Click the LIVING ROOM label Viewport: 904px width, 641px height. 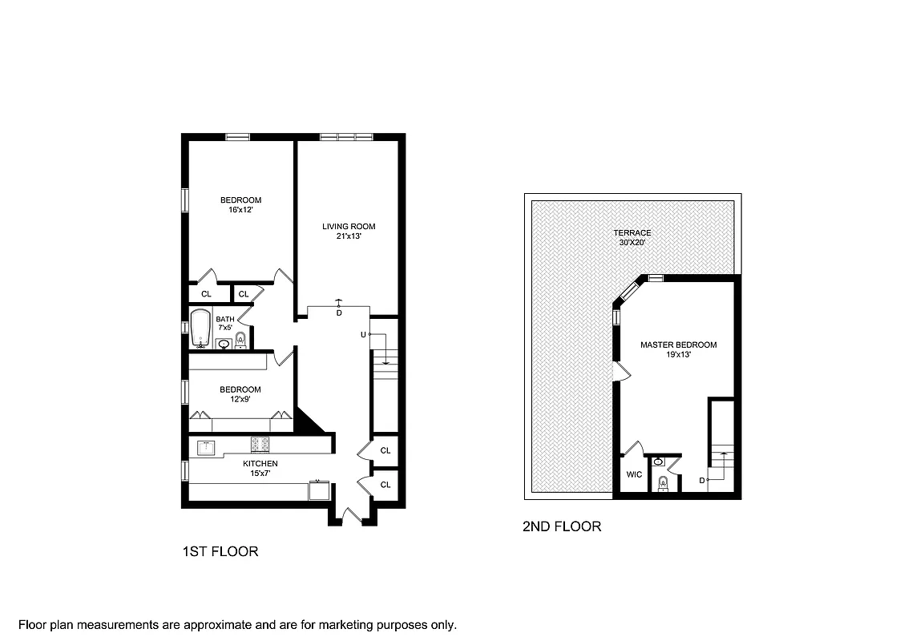pos(349,227)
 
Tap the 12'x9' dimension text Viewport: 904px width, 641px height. pos(240,400)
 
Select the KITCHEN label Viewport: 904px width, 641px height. pos(260,464)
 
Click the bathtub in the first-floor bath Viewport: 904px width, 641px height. pos(200,329)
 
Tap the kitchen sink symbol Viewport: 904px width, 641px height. pos(207,445)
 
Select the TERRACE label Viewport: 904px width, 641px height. pos(633,233)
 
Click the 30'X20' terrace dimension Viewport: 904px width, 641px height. pos(633,243)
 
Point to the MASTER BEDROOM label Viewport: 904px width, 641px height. pos(678,345)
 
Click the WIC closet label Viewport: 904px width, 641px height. pos(634,474)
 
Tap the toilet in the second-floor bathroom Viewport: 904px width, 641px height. pos(663,483)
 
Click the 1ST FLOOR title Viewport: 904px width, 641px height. pos(220,552)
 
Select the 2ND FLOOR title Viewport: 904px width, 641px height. pos(561,527)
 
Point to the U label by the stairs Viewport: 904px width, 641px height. pos(363,334)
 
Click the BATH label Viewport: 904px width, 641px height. pos(225,319)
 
